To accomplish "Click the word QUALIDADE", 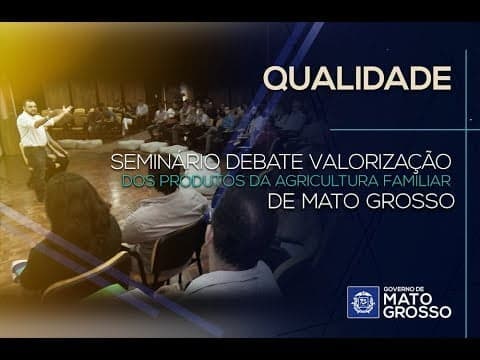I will click(356, 77).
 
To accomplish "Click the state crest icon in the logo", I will click(362, 302).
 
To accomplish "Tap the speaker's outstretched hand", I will click(67, 109).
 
